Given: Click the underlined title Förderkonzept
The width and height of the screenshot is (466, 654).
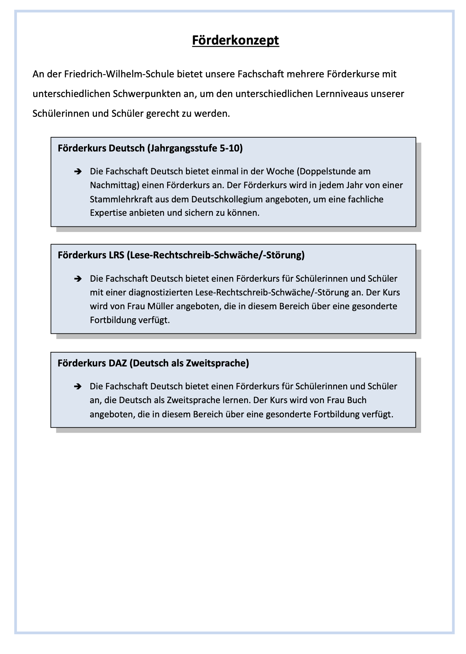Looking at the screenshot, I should tap(235, 40).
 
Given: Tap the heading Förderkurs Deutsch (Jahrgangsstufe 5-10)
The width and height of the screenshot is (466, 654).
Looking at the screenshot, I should tap(150, 148).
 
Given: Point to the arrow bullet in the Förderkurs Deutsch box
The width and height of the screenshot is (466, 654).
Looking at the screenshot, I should tap(78, 172).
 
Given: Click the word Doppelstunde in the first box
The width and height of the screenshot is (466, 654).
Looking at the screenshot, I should tap(327, 172).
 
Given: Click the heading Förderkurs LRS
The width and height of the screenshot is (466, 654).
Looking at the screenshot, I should tap(181, 255).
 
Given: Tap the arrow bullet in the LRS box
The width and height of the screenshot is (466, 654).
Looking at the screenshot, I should tap(78, 279).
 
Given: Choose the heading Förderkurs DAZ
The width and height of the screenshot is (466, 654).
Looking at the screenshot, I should tap(153, 363).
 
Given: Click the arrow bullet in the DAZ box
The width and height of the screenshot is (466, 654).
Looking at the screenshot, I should tap(78, 387).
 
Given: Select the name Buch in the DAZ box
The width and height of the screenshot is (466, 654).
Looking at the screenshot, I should tap(357, 400).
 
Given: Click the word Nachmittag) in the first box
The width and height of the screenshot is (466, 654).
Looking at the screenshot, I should tap(114, 185).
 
